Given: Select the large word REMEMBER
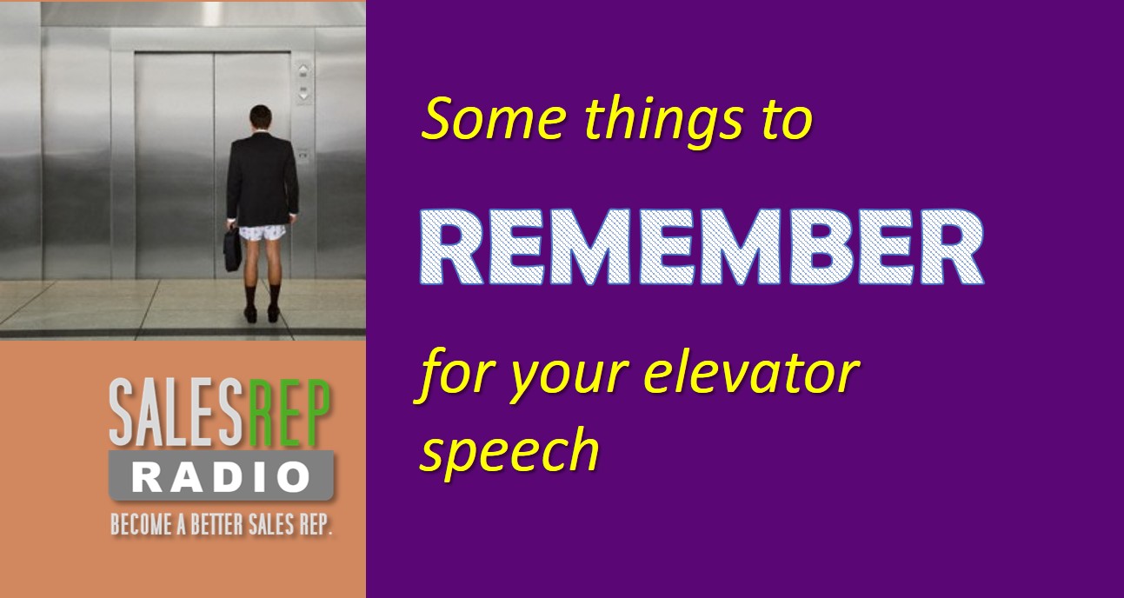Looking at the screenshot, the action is pos(702,247).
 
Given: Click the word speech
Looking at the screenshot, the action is pos(509,450).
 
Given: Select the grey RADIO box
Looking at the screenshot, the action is pos(222,475).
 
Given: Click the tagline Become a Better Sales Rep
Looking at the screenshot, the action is pos(222,524).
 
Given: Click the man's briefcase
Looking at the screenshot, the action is pos(232,249).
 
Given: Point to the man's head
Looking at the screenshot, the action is pos(261,116).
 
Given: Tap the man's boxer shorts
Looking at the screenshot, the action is pos(262,232).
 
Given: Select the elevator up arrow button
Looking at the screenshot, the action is pos(303,70).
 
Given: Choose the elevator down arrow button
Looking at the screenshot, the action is pos(303,92).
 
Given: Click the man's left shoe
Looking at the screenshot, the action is pos(250,315).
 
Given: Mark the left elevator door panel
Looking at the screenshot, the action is pos(175,164).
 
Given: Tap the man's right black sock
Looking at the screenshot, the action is pos(274,296).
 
